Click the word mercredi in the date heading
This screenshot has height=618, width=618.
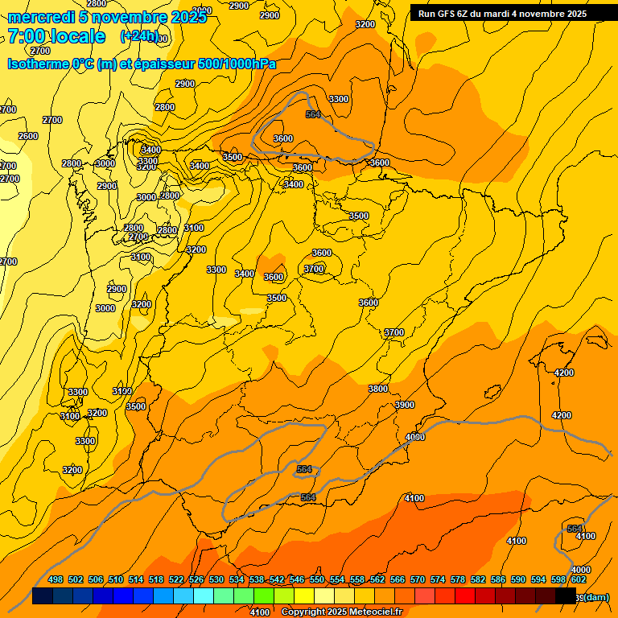pyautogui.click(x=41, y=18)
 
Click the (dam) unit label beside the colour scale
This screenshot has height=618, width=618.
pyautogui.click(x=595, y=596)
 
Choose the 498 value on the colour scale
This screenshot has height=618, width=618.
pyautogui.click(x=56, y=579)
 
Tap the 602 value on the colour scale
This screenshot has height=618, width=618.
pyautogui.click(x=579, y=579)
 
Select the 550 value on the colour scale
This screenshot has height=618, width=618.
pyautogui.click(x=317, y=579)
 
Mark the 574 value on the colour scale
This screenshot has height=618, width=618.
pyautogui.click(x=438, y=579)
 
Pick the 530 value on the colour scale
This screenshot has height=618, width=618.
pyautogui.click(x=216, y=579)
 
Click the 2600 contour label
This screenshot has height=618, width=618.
pyautogui.click(x=28, y=136)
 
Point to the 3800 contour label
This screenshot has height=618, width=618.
pyautogui.click(x=378, y=389)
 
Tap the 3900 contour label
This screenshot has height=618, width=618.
pyautogui.click(x=405, y=405)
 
